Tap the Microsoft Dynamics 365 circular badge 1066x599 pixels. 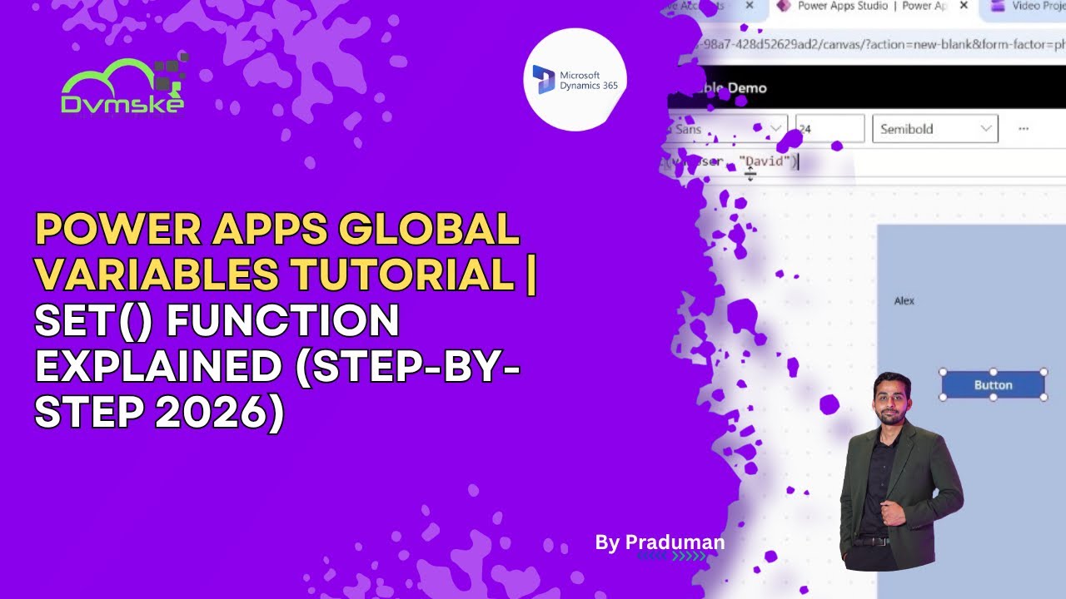575,80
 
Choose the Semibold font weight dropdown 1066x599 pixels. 934,129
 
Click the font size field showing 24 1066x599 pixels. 829,129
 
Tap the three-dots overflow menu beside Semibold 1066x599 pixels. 1024,129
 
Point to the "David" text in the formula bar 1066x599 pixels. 767,161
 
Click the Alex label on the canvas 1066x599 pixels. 904,300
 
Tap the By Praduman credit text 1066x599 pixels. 660,543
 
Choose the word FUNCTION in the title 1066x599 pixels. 283,322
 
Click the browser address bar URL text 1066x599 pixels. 883,43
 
